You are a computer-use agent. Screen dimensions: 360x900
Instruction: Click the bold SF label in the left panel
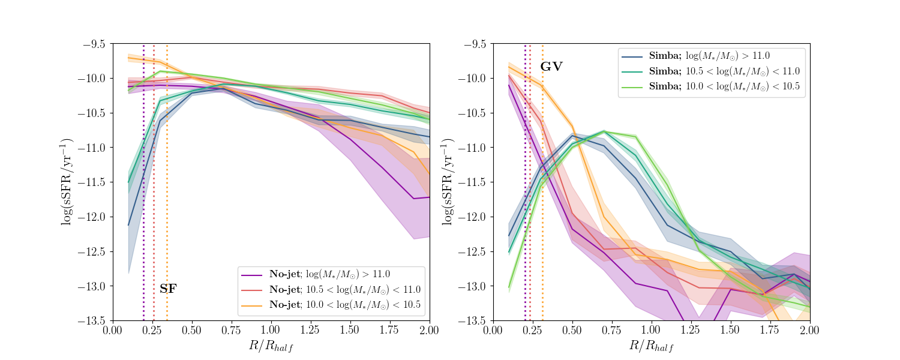[x=168, y=289]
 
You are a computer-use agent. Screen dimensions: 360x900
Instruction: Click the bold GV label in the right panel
[x=551, y=67]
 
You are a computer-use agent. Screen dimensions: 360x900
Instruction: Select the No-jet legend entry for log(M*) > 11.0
[x=330, y=275]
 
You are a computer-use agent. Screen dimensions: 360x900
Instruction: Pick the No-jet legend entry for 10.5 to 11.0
[x=330, y=290]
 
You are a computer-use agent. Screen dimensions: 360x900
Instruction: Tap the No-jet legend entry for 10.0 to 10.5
[x=330, y=305]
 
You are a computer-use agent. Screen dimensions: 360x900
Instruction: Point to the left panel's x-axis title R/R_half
[x=271, y=346]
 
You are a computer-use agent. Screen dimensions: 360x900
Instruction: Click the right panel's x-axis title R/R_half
[x=652, y=346]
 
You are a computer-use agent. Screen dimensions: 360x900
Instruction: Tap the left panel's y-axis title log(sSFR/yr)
[x=67, y=182]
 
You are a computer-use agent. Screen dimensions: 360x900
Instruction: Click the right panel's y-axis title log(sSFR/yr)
[x=447, y=182]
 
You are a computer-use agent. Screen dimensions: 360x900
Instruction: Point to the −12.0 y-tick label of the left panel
[x=93, y=217]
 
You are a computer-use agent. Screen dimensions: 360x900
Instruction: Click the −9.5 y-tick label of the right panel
[x=473, y=44]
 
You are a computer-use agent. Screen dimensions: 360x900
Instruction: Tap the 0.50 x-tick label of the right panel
[x=572, y=331]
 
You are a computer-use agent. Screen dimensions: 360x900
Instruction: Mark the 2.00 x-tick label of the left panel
[x=430, y=331]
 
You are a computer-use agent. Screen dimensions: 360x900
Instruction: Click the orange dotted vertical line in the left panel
[x=167, y=180]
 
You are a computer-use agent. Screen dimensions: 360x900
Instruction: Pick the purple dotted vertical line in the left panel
[x=144, y=180]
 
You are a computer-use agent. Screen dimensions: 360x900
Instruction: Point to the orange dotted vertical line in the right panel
[x=542, y=180]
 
